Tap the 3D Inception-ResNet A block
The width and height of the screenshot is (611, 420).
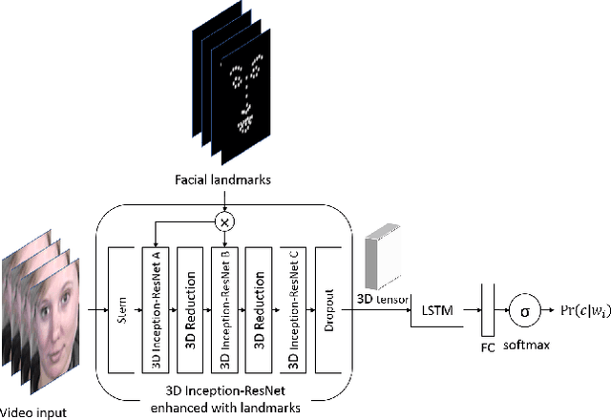(155, 309)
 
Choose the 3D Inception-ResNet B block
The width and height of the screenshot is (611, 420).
(224, 309)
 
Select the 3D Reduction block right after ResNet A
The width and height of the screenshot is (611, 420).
(190, 309)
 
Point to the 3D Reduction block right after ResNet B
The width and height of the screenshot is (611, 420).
(259, 309)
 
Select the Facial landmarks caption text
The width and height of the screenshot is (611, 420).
(224, 178)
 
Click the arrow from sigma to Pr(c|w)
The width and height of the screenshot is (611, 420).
(551, 309)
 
